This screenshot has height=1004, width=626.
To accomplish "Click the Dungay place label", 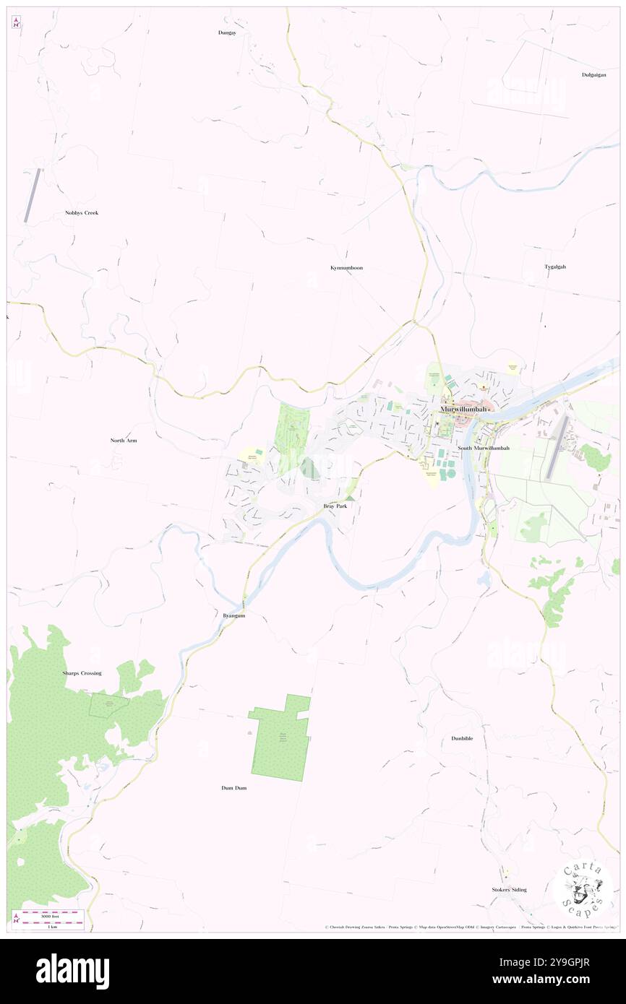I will pyautogui.click(x=227, y=33).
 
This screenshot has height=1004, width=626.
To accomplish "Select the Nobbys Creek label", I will pyautogui.click(x=81, y=213).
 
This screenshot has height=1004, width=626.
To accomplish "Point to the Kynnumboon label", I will pyautogui.click(x=346, y=268).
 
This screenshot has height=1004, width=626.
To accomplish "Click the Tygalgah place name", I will pyautogui.click(x=555, y=267).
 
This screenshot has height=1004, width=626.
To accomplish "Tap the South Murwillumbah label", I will pyautogui.click(x=483, y=448).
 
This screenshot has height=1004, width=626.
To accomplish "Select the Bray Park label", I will pyautogui.click(x=335, y=507).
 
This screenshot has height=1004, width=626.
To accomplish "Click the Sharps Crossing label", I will pyautogui.click(x=82, y=673).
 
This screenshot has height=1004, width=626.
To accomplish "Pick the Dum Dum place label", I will pyautogui.click(x=233, y=787).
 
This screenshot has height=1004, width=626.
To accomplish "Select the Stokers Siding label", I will pyautogui.click(x=509, y=890).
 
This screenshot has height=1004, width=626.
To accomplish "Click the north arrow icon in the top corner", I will pyautogui.click(x=16, y=22).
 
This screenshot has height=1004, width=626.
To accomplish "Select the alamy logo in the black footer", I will pyautogui.click(x=72, y=971).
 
